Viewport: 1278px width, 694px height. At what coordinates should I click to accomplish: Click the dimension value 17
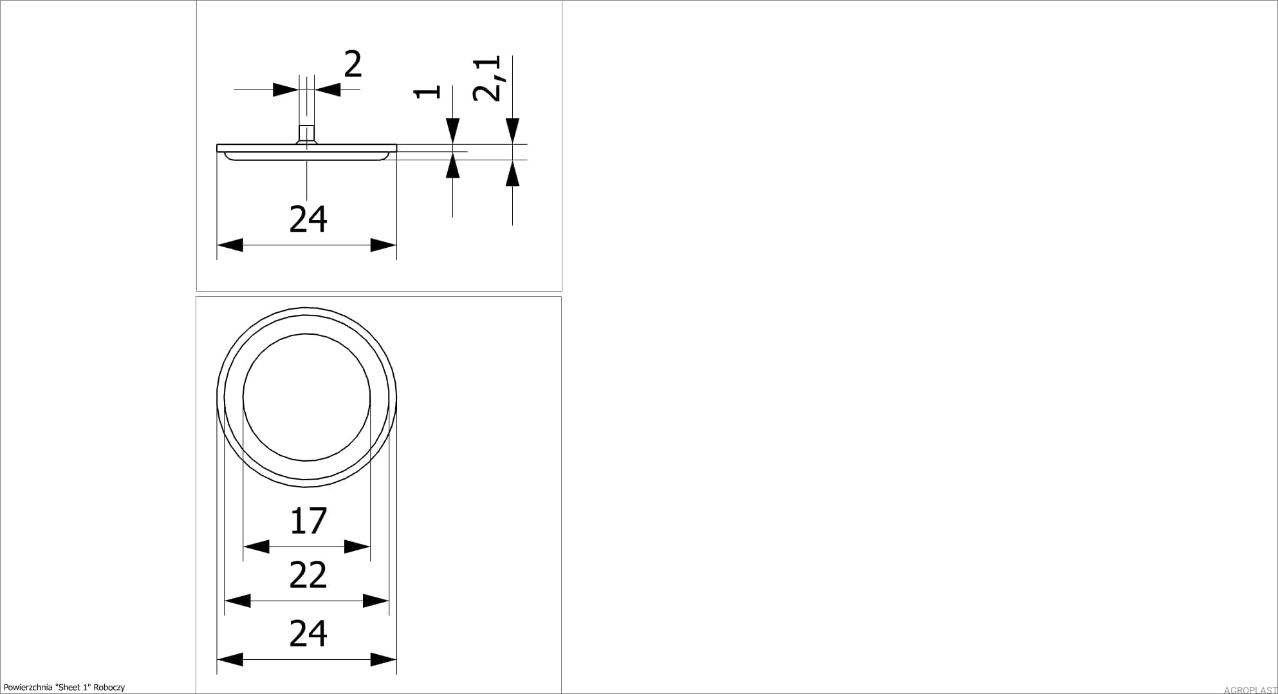point(308,521)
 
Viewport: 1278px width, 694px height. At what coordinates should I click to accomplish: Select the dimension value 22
point(308,575)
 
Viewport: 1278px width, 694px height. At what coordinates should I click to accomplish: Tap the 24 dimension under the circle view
point(308,633)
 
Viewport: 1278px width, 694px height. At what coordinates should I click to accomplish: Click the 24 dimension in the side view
point(308,219)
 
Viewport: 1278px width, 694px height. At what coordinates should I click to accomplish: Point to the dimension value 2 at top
point(353,64)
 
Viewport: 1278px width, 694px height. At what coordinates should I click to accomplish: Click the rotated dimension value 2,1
point(486,79)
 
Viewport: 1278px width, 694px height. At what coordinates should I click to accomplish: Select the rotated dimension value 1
point(427,92)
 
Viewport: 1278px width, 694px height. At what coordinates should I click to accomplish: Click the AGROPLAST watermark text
point(1250,689)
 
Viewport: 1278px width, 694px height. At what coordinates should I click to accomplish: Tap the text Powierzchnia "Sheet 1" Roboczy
point(64,688)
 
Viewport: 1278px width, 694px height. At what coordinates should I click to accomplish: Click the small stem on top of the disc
point(307,135)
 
